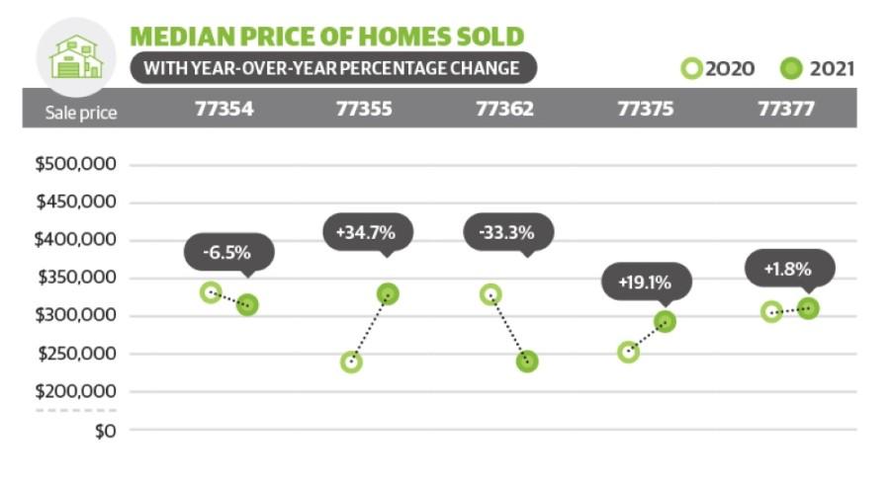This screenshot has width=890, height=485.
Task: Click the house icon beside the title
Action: click(76, 56)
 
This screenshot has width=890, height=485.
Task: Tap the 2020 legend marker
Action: click(692, 68)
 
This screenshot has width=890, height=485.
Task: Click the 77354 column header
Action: click(224, 109)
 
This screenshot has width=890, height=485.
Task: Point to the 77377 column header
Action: click(786, 109)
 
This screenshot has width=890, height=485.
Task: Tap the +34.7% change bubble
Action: click(368, 233)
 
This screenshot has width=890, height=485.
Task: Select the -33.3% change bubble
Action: click(508, 233)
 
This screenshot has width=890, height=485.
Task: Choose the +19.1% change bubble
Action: click(647, 282)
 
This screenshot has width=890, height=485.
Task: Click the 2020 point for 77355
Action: click(351, 362)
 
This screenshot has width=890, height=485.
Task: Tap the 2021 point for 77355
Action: click(388, 293)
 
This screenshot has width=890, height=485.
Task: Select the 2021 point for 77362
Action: click(527, 362)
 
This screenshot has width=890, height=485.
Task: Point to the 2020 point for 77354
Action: click(211, 292)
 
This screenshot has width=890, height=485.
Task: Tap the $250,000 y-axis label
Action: click(76, 354)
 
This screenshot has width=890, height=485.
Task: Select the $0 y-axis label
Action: click(106, 432)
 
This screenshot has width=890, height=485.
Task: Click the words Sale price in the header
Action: click(81, 113)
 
